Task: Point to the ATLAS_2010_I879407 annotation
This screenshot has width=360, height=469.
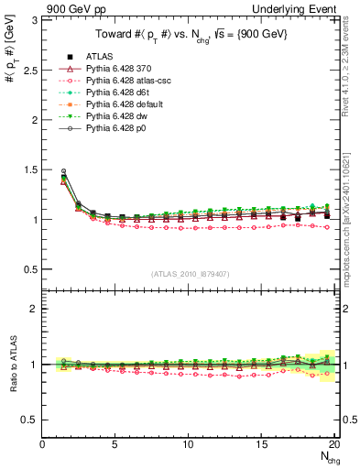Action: (x=190, y=273)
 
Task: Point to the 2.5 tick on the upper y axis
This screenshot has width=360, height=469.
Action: (x=29, y=70)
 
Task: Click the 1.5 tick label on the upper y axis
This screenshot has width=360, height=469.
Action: (x=29, y=169)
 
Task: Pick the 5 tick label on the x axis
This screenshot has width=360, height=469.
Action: (x=115, y=444)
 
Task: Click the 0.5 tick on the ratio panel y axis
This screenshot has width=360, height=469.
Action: (x=29, y=420)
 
